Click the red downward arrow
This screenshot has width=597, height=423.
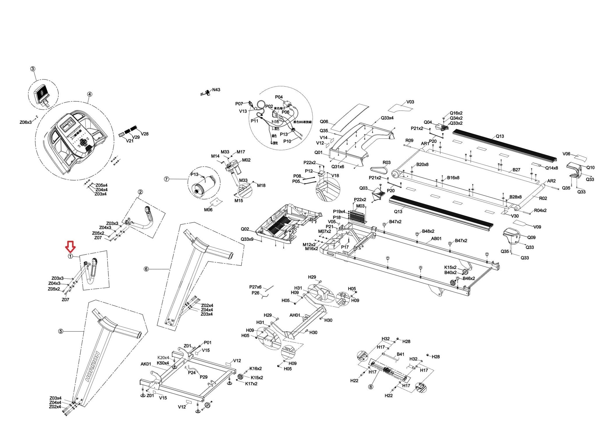(71, 246)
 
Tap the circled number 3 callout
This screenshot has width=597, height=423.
(33, 69)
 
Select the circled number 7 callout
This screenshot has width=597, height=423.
(166, 179)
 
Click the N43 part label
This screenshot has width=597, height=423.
(216, 90)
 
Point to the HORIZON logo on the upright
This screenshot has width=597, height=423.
(93, 367)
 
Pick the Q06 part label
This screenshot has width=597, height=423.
(324, 121)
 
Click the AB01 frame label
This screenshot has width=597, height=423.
(436, 239)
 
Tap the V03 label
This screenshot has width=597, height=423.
(410, 102)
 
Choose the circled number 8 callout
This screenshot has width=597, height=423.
(371, 387)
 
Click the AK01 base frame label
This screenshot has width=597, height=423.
(146, 364)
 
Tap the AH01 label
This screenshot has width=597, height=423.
(295, 315)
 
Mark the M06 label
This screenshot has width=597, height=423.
(208, 210)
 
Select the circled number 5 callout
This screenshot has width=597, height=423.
(61, 331)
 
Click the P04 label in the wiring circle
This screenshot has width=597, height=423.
(279, 97)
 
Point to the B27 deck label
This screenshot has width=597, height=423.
(516, 170)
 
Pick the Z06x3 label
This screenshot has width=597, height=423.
(25, 122)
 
